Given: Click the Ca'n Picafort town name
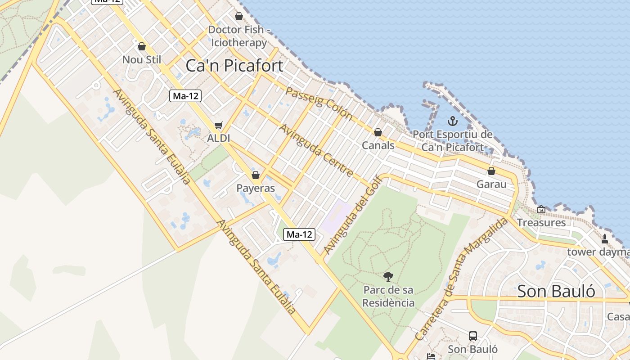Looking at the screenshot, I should click(x=234, y=66).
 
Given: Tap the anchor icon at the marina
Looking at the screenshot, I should click(x=453, y=121).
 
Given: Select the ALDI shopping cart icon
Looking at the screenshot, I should click(x=219, y=126).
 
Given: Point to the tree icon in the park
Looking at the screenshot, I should click(x=388, y=276).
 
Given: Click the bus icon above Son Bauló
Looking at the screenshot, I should click(x=473, y=336).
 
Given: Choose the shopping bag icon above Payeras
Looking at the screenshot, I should click(x=256, y=175).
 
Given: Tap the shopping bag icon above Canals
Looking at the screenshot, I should click(x=378, y=132).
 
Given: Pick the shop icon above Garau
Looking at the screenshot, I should click(x=491, y=171).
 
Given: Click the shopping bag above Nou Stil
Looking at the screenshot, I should click(x=142, y=46).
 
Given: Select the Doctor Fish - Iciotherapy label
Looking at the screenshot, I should click(x=239, y=36).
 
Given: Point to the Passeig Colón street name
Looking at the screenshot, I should click(x=319, y=103).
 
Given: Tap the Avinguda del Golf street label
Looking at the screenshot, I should click(x=353, y=215).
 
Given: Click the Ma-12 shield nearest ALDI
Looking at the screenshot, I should click(x=185, y=96).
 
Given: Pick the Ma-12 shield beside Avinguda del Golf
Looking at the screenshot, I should click(x=299, y=234).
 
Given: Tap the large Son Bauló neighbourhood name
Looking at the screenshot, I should click(x=556, y=291).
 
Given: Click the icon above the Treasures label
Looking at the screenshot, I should click(x=541, y=209).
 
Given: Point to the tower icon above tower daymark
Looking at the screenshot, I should click(x=605, y=239).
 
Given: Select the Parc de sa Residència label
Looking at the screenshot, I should click(x=388, y=296).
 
